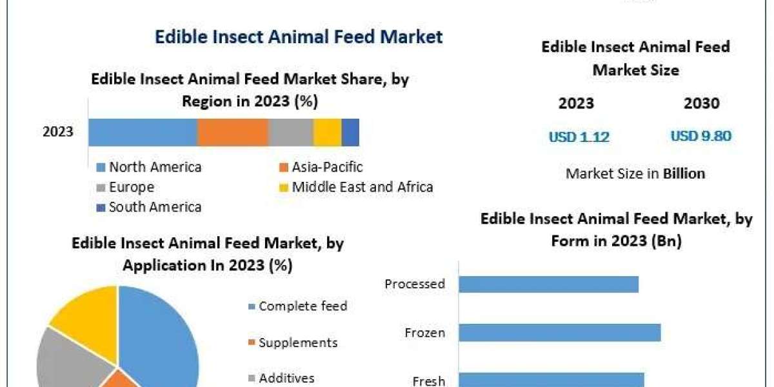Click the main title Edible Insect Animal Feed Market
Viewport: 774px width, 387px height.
pos(299,37)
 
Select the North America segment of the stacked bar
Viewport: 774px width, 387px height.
pos(143,132)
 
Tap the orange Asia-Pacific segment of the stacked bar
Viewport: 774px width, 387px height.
pos(232,132)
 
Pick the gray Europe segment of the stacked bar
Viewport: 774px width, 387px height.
pos(290,132)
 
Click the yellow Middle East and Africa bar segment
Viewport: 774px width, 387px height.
pos(327,132)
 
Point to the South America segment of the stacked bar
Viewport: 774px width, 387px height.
pos(350,132)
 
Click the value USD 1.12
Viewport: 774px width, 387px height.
pos(579,137)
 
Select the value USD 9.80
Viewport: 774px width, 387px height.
pos(700,136)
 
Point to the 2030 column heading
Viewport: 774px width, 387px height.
pos(701,103)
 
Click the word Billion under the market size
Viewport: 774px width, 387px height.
pos(684,174)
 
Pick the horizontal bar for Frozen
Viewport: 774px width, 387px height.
pos(559,333)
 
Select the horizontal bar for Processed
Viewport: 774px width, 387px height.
pos(548,284)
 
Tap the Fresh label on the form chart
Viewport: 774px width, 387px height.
pos(429,381)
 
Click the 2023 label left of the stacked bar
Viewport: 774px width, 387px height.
pos(58,132)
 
